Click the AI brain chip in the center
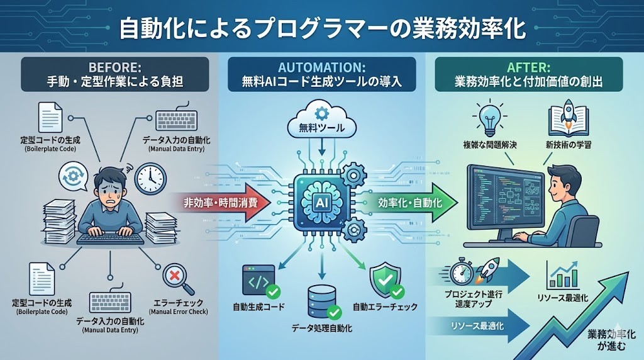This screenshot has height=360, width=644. [x=321, y=201]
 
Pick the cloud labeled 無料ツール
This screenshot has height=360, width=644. [x=321, y=121]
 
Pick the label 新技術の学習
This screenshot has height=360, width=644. [x=569, y=145]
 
